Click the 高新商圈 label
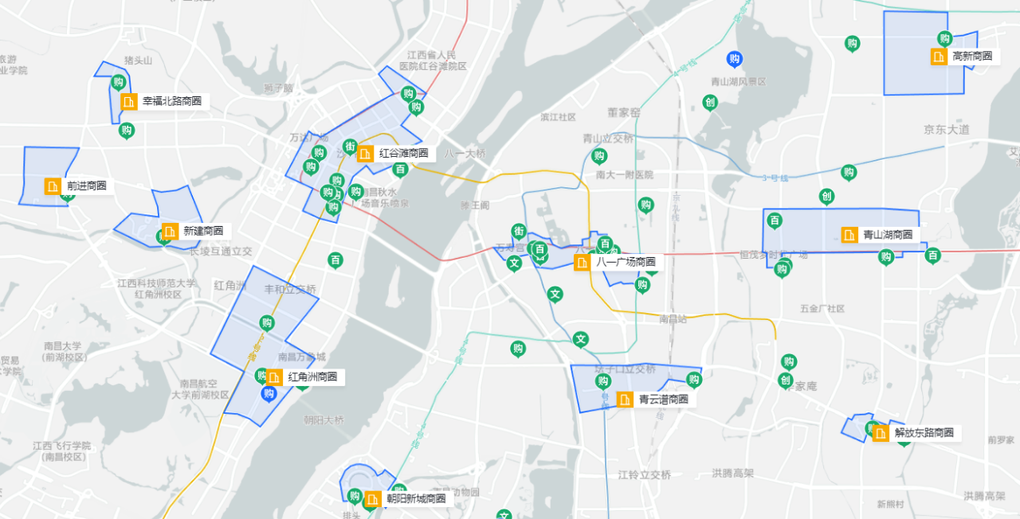click(972, 57)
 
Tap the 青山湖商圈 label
click(887, 235)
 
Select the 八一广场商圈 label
click(626, 262)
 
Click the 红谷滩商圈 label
click(403, 154)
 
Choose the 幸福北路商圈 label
click(171, 102)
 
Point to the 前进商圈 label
click(86, 186)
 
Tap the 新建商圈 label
click(202, 231)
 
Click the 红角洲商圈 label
click(312, 377)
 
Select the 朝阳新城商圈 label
click(416, 499)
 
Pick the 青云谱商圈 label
click(663, 400)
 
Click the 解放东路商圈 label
click(924, 433)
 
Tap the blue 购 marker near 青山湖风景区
click(735, 59)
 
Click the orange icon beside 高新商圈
click(939, 57)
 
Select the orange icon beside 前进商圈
click(53, 186)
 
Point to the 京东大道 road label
click(947, 129)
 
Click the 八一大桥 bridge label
click(465, 154)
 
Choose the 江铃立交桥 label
click(644, 475)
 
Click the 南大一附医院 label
click(624, 174)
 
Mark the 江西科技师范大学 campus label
click(156, 283)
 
